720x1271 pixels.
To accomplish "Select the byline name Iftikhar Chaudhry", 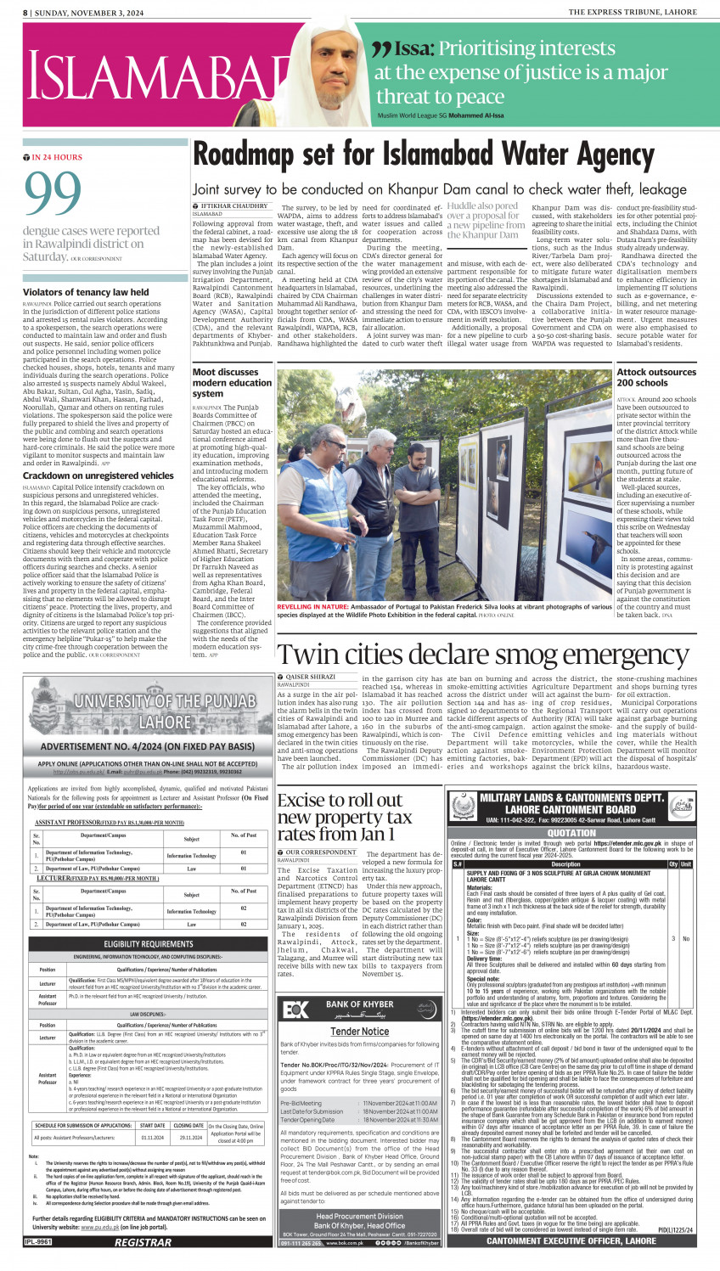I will pos(235,206).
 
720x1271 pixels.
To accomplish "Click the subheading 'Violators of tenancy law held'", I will pos(86,292).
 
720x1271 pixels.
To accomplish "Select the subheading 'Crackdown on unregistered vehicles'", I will pos(98,475).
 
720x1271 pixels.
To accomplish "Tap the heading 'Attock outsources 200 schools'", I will pos(656,377).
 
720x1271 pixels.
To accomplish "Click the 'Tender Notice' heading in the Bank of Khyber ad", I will pos(359,1032).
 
